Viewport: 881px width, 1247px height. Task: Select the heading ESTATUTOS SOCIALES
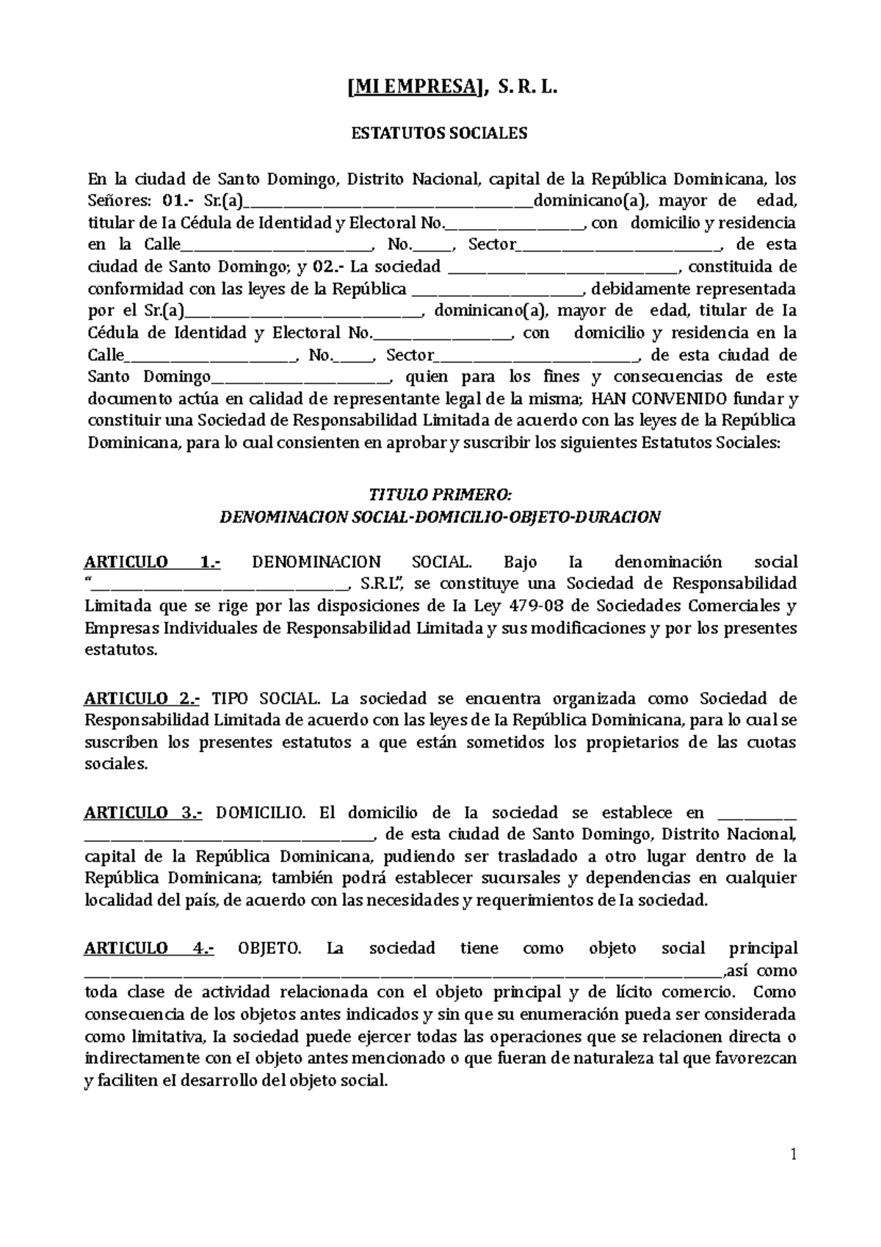point(440,134)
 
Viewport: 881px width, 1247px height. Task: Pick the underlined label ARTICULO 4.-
point(149,948)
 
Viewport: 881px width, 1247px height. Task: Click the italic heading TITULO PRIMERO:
point(440,494)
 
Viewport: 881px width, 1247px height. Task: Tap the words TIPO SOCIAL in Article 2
point(266,698)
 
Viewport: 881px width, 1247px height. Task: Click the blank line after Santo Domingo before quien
point(300,381)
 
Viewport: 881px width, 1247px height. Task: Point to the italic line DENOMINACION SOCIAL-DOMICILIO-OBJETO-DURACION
point(440,517)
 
